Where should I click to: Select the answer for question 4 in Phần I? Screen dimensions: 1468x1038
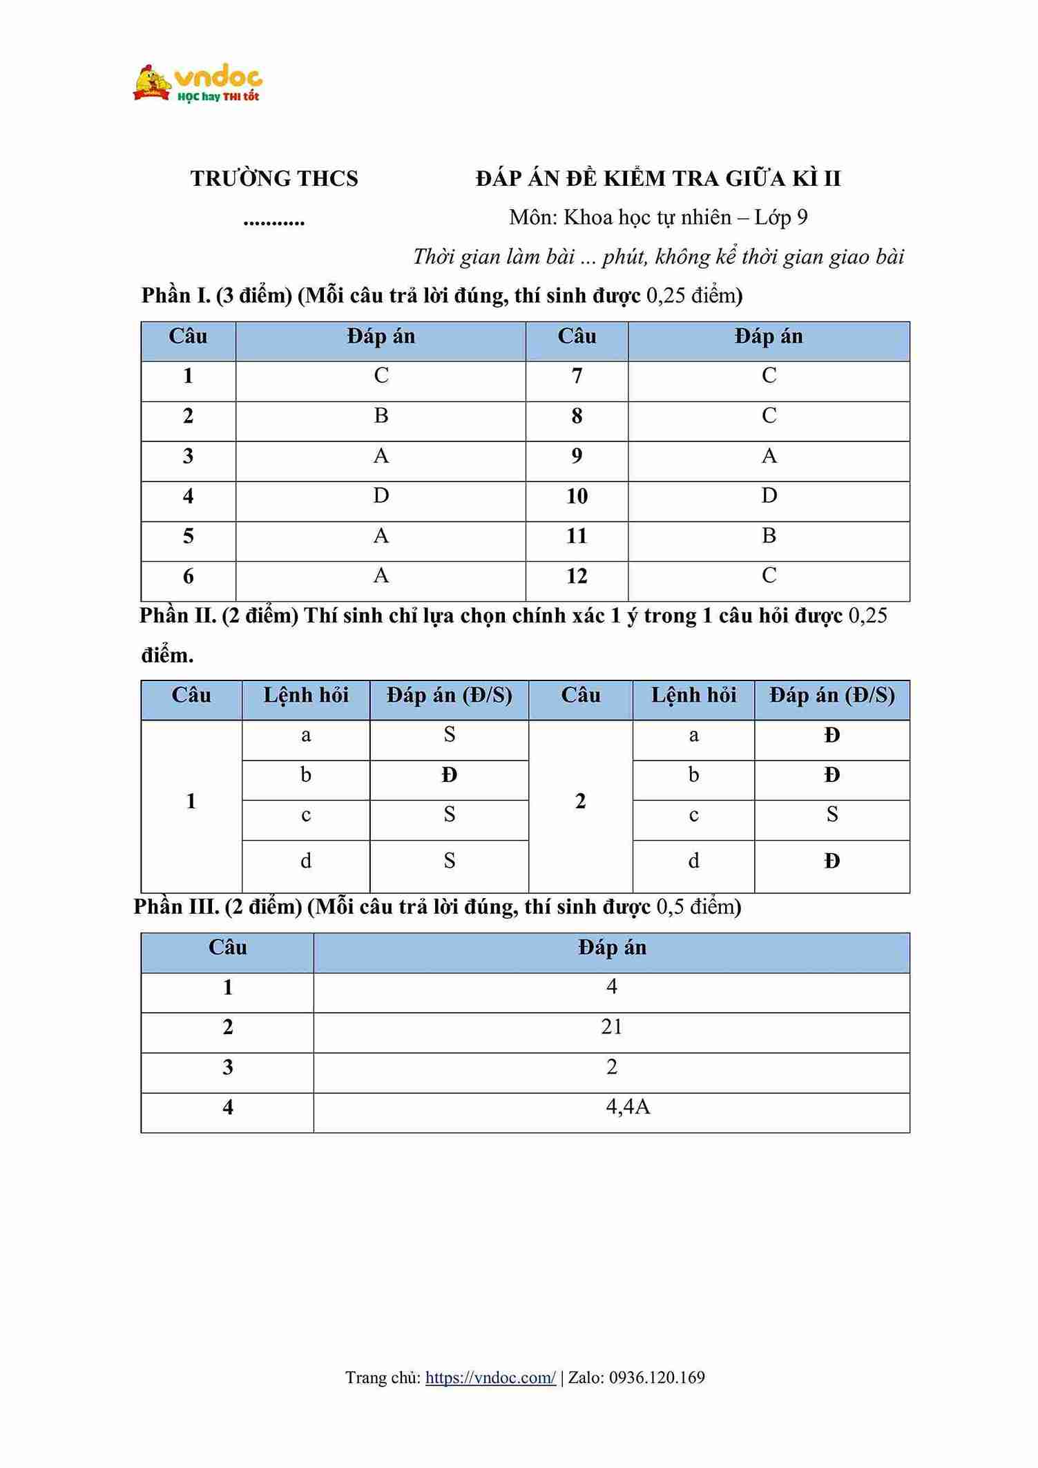pos(381,495)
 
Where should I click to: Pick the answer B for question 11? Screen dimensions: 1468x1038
pos(769,535)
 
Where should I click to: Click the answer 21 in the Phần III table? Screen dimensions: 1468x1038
pos(611,1027)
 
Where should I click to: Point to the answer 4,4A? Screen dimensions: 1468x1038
pos(628,1107)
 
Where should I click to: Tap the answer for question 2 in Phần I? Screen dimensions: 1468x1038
pos(381,415)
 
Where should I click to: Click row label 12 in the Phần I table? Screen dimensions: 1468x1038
pos(577,576)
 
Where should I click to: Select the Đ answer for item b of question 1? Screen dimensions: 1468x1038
pos(450,776)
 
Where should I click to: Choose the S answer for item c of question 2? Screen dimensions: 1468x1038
pos(832,814)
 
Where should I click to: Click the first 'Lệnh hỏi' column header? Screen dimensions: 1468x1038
pos(306,695)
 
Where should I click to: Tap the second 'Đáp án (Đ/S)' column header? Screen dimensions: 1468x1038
pos(832,695)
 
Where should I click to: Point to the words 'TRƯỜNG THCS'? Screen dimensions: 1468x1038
pos(274,179)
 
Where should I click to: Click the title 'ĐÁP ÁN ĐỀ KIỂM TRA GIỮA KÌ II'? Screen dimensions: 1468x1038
pos(658,179)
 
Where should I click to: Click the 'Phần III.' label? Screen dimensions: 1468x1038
pos(176,906)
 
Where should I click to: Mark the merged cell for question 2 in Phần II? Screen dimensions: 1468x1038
pos(580,801)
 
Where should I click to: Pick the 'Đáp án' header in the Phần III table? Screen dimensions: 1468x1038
pos(612,948)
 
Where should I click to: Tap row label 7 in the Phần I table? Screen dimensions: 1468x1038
pos(577,376)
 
